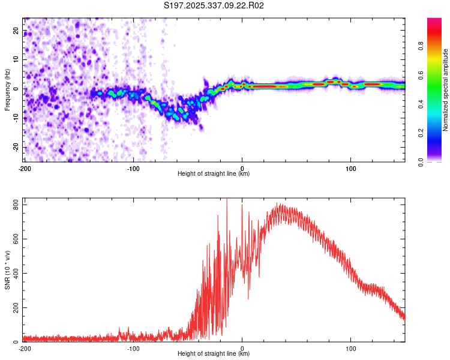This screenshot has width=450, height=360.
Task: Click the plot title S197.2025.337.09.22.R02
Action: [x=214, y=5]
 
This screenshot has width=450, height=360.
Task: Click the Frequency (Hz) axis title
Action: [x=7, y=90]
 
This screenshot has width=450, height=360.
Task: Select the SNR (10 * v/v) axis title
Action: [x=7, y=270]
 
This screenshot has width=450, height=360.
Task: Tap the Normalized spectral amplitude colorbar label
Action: [x=445, y=90]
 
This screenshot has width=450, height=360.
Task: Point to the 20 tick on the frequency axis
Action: [x=16, y=30]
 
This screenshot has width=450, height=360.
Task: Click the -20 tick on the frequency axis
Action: [x=16, y=147]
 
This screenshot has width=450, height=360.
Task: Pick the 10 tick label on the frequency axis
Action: [x=16, y=59]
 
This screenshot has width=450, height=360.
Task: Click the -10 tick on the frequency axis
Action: [x=16, y=118]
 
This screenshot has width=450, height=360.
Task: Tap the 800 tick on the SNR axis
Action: [x=16, y=205]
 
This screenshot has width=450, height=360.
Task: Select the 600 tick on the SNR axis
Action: [x=16, y=239]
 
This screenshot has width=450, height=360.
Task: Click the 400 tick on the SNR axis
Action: [x=16, y=274]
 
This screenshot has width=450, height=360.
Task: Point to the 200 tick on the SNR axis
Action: [x=16, y=307]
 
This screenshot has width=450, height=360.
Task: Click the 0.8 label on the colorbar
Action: [x=421, y=46]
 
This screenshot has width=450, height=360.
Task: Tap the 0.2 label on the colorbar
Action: [x=421, y=133]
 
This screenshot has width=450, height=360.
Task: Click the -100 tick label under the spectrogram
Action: [x=133, y=169]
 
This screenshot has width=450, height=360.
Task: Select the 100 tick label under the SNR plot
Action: [x=351, y=349]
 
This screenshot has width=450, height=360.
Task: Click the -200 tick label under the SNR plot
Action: [x=25, y=349]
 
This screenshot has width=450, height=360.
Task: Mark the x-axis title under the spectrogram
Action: [x=214, y=173]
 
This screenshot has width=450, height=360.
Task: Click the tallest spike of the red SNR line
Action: [x=227, y=199]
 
